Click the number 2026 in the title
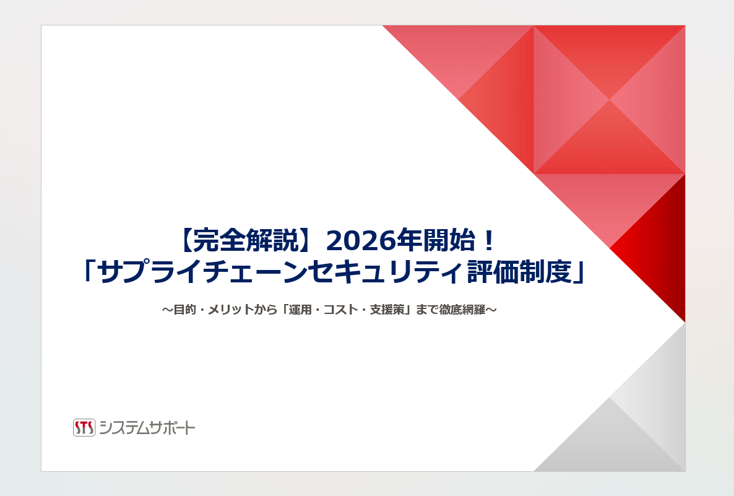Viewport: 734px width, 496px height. click(x=360, y=241)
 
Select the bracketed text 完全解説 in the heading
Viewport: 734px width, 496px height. click(x=245, y=241)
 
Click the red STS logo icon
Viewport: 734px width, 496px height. click(x=84, y=427)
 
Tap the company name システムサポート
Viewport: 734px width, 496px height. click(x=147, y=428)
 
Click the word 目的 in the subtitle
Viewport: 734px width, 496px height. click(x=184, y=310)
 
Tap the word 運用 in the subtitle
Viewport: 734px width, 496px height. click(x=300, y=310)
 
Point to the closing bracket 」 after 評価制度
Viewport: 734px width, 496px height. click(x=579, y=272)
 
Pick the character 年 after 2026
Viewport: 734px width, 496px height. click(x=408, y=241)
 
